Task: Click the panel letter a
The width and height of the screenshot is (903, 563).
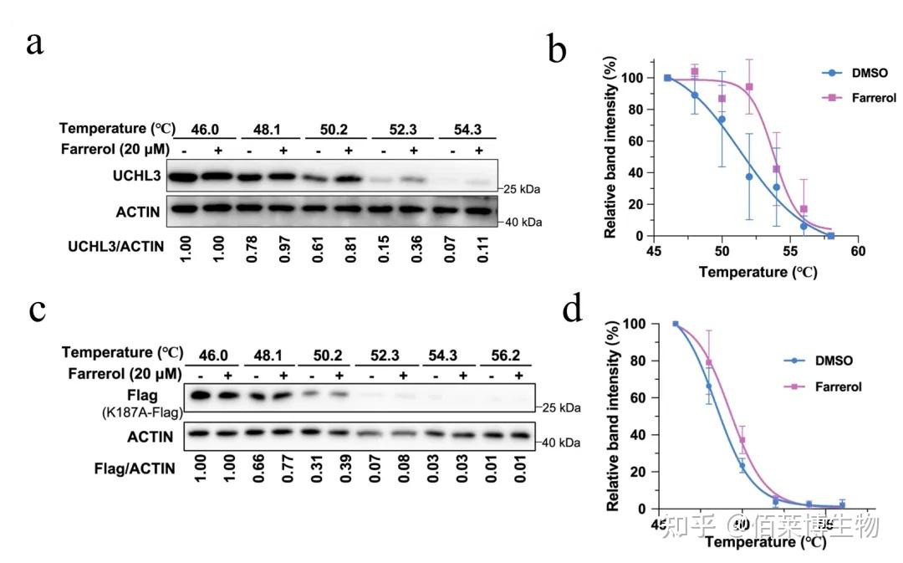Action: (x=34, y=43)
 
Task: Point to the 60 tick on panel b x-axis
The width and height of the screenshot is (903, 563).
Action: (x=857, y=250)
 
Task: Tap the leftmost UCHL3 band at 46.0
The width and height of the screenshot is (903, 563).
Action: (x=183, y=177)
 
